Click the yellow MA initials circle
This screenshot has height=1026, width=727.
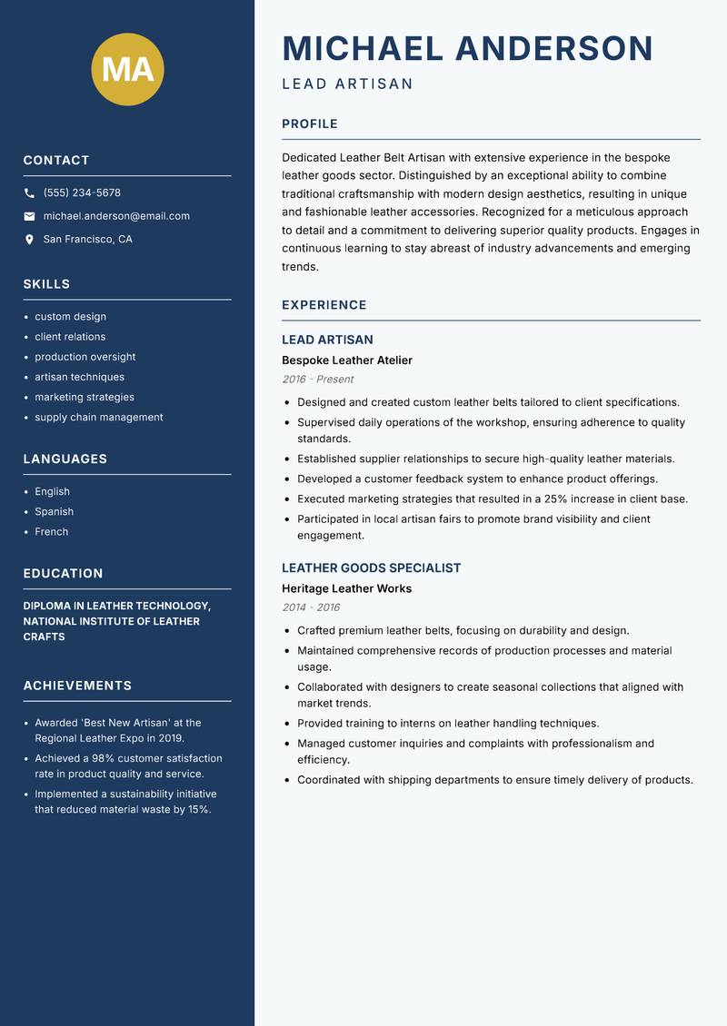click(x=127, y=69)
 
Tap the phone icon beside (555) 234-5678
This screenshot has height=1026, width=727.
click(x=29, y=193)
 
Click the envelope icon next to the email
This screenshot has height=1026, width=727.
click(x=29, y=216)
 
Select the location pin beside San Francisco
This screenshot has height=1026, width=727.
click(x=29, y=240)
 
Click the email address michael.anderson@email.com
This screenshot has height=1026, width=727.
click(x=116, y=216)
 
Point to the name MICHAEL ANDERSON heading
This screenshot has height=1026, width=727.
click(x=467, y=48)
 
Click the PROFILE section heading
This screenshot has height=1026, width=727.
click(x=309, y=124)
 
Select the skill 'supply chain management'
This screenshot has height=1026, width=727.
click(x=99, y=418)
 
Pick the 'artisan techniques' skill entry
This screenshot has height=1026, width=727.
click(x=80, y=377)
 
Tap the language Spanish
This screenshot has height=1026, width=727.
click(x=54, y=512)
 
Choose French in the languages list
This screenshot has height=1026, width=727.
click(x=52, y=532)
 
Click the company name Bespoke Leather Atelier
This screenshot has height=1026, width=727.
click(x=346, y=360)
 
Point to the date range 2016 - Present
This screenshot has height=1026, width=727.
click(x=317, y=380)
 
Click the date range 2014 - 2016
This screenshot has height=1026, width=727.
click(x=310, y=607)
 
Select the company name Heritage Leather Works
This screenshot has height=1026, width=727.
click(x=346, y=588)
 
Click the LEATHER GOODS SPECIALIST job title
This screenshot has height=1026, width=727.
click(x=371, y=567)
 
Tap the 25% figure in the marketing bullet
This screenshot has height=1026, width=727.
click(x=556, y=498)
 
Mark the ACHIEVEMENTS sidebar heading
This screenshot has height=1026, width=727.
click(x=77, y=686)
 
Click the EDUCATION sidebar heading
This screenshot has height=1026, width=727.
click(x=63, y=574)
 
